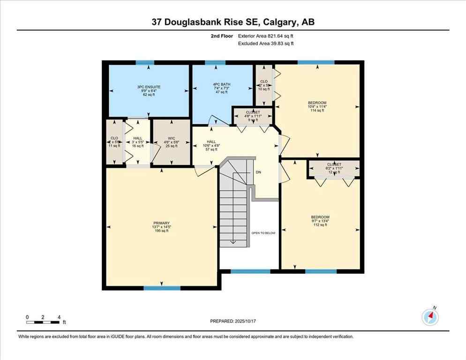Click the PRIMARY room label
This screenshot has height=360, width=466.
(161, 223)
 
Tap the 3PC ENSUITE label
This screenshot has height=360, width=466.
(149, 87)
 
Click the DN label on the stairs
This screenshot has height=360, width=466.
(258, 172)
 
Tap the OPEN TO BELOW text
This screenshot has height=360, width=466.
(263, 232)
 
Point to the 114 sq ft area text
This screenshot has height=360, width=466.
(317, 111)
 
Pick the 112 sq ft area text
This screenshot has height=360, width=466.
(320, 225)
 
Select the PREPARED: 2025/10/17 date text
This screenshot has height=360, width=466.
(233, 321)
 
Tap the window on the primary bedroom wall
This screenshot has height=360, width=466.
(162, 288)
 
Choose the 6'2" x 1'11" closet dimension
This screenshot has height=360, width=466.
(334, 168)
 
